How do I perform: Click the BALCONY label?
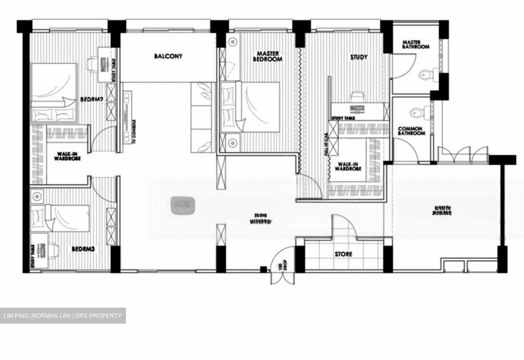168,56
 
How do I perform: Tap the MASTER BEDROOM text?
267,56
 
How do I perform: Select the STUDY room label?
359,57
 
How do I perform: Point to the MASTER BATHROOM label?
415,44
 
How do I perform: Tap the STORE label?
344,254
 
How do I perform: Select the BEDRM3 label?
83,249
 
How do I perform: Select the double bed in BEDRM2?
55,93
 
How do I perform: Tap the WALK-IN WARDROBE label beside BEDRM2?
67,156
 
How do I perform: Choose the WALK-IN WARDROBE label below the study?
348,167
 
